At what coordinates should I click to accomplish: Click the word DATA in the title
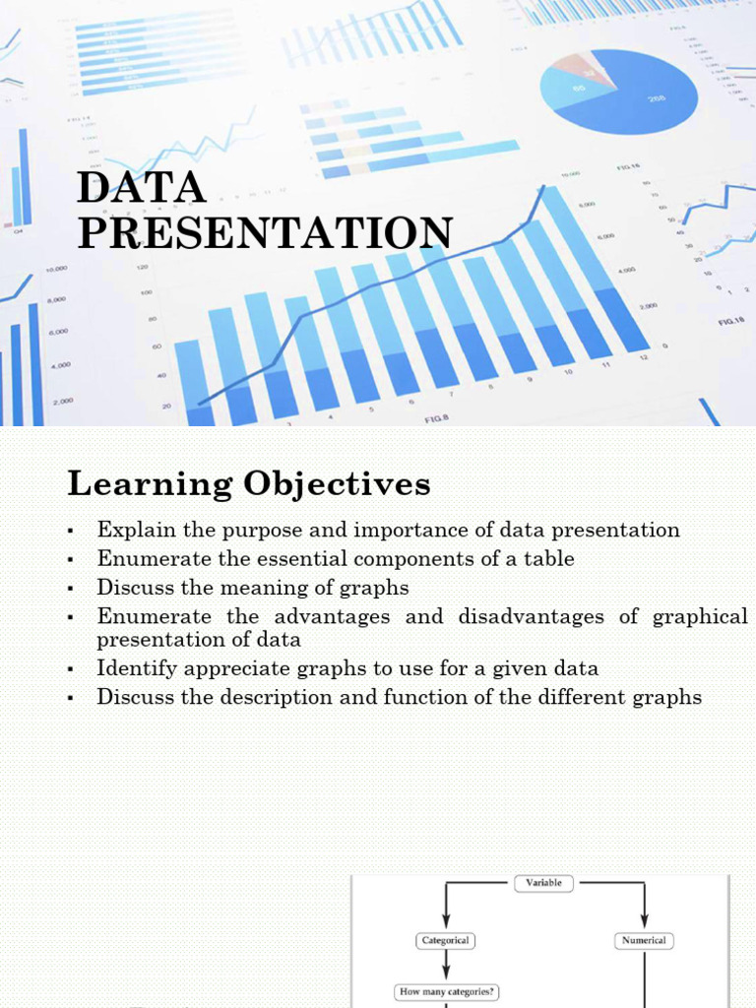pyautogui.click(x=142, y=187)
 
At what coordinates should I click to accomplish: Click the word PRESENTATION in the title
pyautogui.click(x=265, y=233)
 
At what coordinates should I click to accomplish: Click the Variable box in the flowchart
pyautogui.click(x=543, y=883)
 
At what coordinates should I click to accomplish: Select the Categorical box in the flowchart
pyautogui.click(x=445, y=940)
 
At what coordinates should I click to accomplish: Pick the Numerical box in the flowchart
pyautogui.click(x=644, y=940)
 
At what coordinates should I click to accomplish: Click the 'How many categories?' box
pyautogui.click(x=445, y=992)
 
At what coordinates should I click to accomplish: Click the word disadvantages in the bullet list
pyautogui.click(x=535, y=616)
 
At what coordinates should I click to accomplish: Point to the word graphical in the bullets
pyautogui.click(x=700, y=616)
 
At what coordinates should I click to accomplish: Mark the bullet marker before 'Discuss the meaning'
pyautogui.click(x=71, y=589)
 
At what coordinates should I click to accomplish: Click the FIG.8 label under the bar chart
pyautogui.click(x=437, y=419)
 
